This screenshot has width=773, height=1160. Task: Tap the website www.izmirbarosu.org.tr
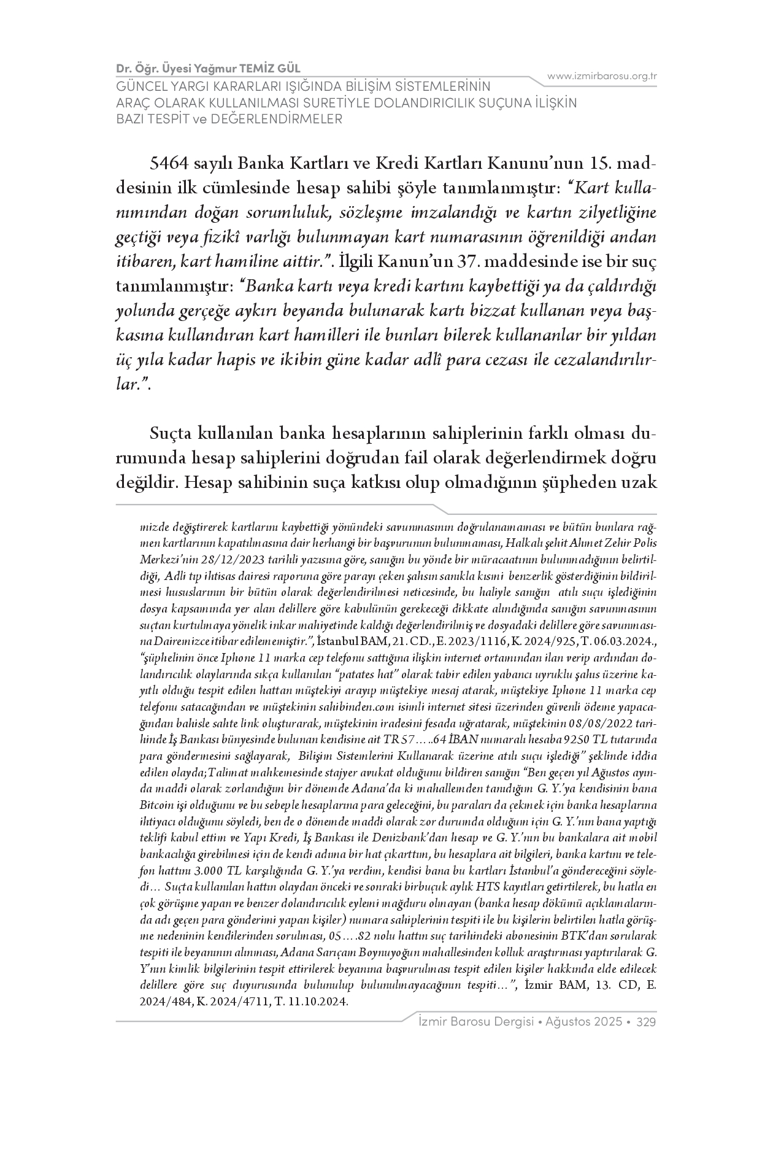click(x=602, y=76)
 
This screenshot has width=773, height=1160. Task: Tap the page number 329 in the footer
click(x=647, y=1022)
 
